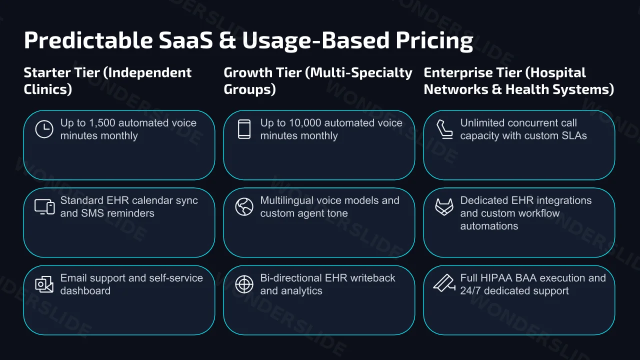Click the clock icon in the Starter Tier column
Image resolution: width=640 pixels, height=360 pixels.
[x=44, y=129]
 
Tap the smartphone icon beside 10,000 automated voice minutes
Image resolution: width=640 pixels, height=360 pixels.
[x=244, y=129]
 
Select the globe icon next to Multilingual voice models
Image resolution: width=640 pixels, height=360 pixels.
[x=244, y=207]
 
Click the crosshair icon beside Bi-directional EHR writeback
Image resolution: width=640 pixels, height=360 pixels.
[x=244, y=284]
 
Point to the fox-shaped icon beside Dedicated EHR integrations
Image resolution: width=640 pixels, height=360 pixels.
[x=444, y=207]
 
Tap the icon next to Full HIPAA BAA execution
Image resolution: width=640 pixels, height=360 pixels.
[x=444, y=283]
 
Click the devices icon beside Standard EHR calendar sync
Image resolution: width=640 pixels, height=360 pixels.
[x=44, y=207]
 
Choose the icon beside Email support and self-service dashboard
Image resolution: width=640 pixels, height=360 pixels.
[x=44, y=284]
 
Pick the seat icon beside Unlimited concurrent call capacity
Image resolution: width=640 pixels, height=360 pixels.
[x=444, y=129]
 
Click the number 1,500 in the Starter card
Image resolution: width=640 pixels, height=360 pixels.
[x=102, y=123]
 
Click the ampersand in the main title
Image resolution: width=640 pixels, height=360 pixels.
[x=227, y=40]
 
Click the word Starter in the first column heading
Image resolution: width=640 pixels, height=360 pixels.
[x=47, y=72]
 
